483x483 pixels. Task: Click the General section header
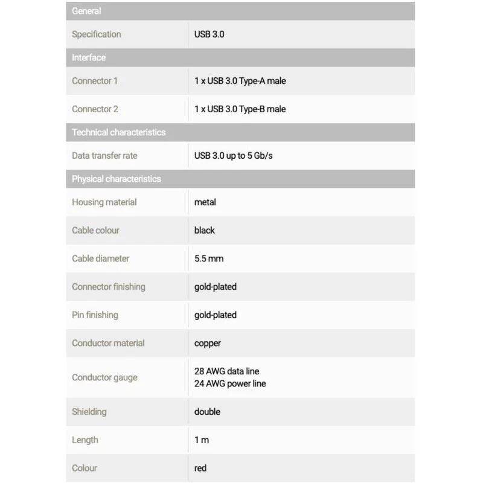pyautogui.click(x=86, y=11)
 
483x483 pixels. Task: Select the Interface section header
pyautogui.click(x=89, y=57)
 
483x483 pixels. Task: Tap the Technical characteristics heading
pyautogui.click(x=118, y=132)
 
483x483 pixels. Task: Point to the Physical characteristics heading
pyautogui.click(x=117, y=179)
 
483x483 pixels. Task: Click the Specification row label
pyautogui.click(x=97, y=34)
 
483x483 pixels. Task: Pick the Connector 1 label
pyautogui.click(x=95, y=80)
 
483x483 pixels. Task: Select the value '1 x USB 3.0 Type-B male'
pyautogui.click(x=240, y=109)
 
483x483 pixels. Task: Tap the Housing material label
pyautogui.click(x=104, y=202)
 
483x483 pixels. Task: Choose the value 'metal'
pyautogui.click(x=205, y=202)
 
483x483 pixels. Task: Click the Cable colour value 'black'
pyautogui.click(x=205, y=230)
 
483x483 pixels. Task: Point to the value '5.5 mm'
pyautogui.click(x=209, y=258)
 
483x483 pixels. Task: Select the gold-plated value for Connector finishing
pyautogui.click(x=216, y=287)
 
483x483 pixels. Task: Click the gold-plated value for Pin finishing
pyautogui.click(x=216, y=315)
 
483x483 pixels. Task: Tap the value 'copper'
pyautogui.click(x=208, y=343)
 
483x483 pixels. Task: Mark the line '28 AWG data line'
pyautogui.click(x=226, y=371)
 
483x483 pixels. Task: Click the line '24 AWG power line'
pyautogui.click(x=230, y=383)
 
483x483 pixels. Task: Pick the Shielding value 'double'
pyautogui.click(x=207, y=412)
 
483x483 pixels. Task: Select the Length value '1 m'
pyautogui.click(x=202, y=440)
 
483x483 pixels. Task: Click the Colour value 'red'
pyautogui.click(x=201, y=468)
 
